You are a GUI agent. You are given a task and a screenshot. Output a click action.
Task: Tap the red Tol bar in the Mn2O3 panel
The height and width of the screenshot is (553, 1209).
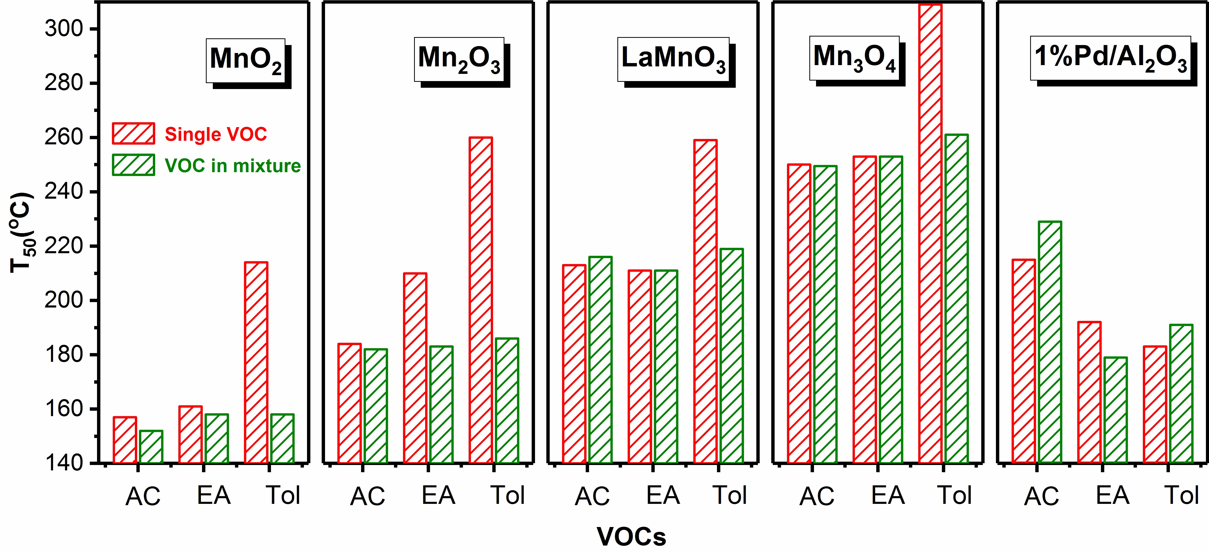coord(481,301)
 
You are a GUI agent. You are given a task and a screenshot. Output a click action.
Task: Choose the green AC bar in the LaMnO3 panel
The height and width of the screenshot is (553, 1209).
coord(600,359)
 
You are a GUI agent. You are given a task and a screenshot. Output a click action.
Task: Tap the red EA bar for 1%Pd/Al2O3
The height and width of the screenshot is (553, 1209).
coord(1089,392)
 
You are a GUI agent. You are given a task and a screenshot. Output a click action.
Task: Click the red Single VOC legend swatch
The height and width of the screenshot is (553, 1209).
coord(133,134)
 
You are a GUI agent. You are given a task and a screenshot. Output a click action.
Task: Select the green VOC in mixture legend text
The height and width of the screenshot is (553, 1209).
coord(232,166)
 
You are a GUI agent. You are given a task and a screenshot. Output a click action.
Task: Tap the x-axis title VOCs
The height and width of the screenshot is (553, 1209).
coord(631,537)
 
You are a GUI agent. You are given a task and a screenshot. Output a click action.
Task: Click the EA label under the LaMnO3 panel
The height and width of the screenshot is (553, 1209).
coord(663,495)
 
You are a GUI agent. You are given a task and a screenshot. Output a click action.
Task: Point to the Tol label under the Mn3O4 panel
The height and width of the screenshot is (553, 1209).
coord(954,495)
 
